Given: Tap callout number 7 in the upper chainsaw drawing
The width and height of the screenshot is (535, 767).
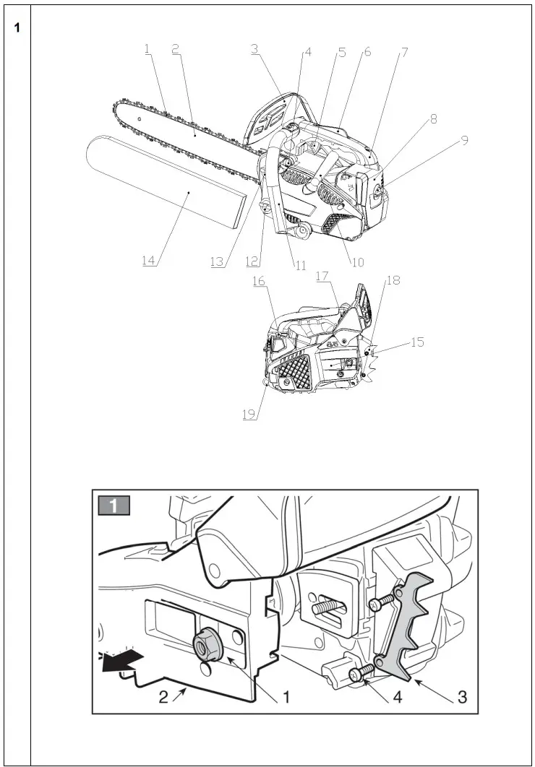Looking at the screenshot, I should (x=404, y=53).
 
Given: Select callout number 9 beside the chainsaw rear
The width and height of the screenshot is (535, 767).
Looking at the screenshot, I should (x=465, y=141).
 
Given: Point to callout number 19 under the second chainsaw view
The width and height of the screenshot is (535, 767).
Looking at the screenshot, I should (x=249, y=415).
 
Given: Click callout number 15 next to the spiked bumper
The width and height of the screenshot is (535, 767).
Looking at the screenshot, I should (x=417, y=342).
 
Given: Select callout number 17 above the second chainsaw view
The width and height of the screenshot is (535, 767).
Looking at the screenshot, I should (x=322, y=275).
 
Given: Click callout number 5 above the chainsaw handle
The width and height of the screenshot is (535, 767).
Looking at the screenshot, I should (x=341, y=53).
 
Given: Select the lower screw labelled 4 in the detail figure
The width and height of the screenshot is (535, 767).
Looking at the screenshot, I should (x=359, y=675).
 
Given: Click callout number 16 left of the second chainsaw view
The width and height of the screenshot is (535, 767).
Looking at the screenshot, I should (x=259, y=281).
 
